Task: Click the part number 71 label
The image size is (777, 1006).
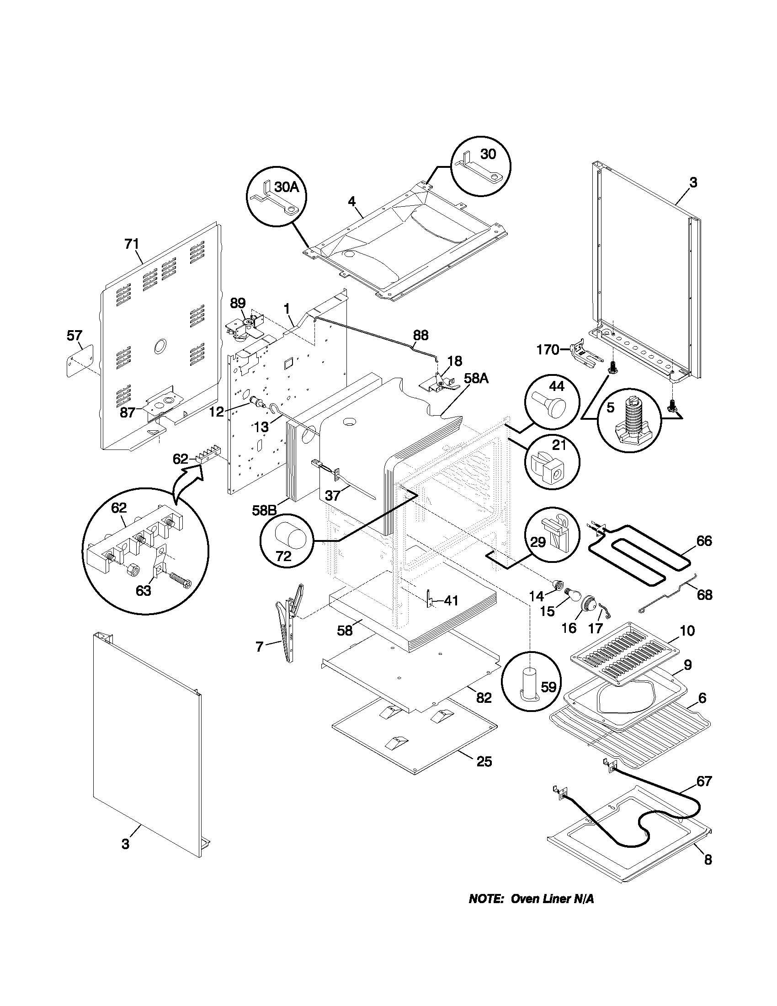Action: pyautogui.click(x=132, y=244)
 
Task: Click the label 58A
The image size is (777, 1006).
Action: pyautogui.click(x=476, y=379)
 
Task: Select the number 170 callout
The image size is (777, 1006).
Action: pyautogui.click(x=548, y=350)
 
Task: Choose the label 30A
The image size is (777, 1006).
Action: pyautogui.click(x=287, y=187)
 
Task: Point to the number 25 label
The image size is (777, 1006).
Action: pyautogui.click(x=484, y=761)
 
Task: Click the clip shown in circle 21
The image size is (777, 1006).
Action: pyautogui.click(x=548, y=469)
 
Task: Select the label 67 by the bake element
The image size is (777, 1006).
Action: pyautogui.click(x=704, y=781)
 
